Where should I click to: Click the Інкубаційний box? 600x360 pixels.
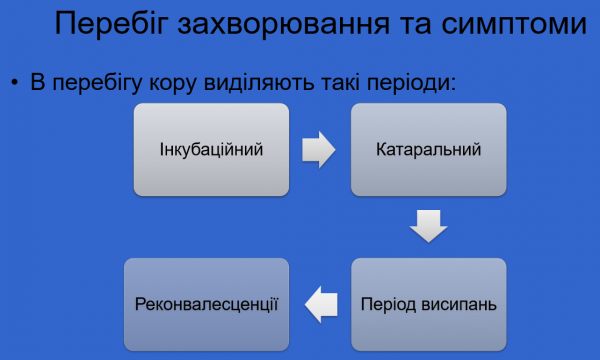click(211, 151)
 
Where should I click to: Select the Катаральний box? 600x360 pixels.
click(429, 151)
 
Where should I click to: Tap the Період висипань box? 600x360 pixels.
click(429, 302)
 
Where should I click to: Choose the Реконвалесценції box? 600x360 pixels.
click(206, 302)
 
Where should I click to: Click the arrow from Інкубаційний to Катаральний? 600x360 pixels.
click(318, 151)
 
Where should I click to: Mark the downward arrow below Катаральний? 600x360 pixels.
click(428, 226)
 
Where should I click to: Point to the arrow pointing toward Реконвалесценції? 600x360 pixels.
click(319, 302)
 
